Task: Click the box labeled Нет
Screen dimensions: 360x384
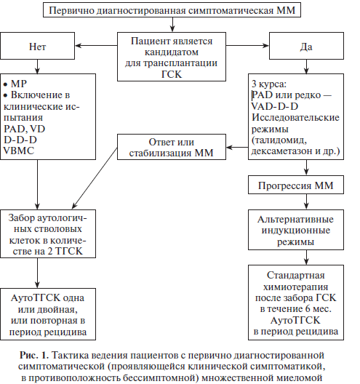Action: pyautogui.click(x=38, y=46)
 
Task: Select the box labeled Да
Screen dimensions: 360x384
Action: pyautogui.click(x=306, y=46)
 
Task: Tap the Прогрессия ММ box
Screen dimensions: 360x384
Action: pyautogui.click(x=296, y=185)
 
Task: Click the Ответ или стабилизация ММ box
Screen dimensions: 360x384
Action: pyautogui.click(x=172, y=147)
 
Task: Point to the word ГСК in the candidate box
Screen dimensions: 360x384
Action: pyautogui.click(x=172, y=74)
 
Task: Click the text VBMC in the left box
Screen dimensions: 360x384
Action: pyautogui.click(x=19, y=151)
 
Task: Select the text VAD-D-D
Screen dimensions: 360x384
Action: pyautogui.click(x=275, y=106)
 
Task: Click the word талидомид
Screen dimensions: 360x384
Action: pyautogui.click(x=279, y=140)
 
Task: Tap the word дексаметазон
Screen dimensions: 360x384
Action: pyautogui.click(x=282, y=151)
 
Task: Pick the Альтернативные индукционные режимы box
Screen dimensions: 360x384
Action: pyautogui.click(x=296, y=230)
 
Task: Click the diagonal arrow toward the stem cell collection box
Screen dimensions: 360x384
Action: pyautogui.click(x=95, y=178)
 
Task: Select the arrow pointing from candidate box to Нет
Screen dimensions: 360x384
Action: pyautogui.click(x=96, y=46)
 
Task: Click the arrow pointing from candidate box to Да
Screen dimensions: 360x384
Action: pyautogui.click(x=247, y=46)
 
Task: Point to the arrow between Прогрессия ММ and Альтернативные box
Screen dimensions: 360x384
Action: pyautogui.click(x=306, y=201)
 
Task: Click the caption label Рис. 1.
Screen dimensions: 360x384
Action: pyautogui.click(x=34, y=355)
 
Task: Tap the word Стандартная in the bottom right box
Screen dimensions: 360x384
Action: pyautogui.click(x=296, y=275)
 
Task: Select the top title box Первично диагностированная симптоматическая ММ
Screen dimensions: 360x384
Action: pyautogui.click(x=172, y=10)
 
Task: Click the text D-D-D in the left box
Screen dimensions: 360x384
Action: pyautogui.click(x=20, y=140)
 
